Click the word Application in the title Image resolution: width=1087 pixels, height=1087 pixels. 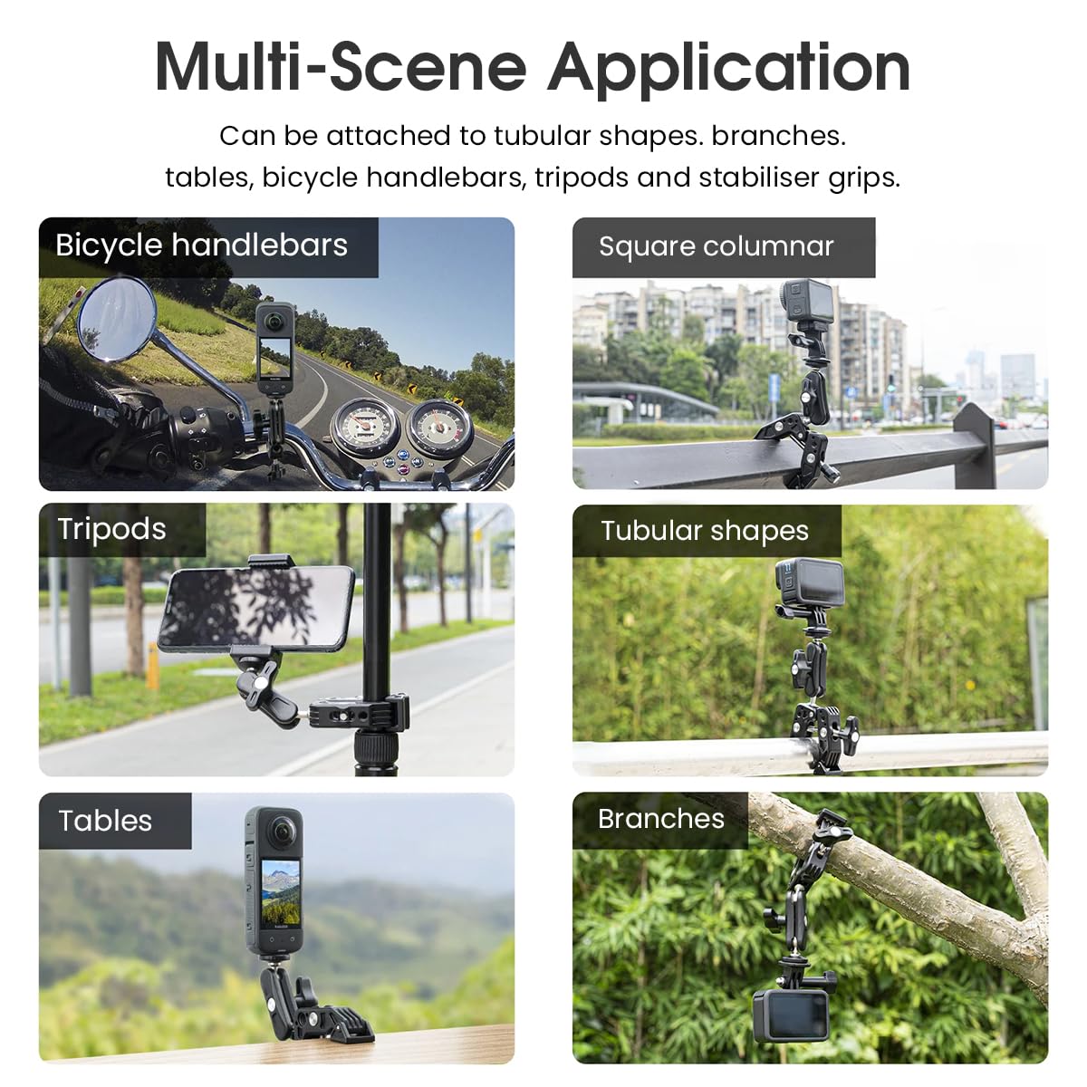pos(729,68)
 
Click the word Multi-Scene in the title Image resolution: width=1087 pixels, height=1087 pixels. pos(341,68)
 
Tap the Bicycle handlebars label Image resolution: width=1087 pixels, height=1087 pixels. pos(201,245)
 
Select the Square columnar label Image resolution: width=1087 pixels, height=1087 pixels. pos(716,246)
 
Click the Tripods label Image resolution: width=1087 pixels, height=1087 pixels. pos(111,529)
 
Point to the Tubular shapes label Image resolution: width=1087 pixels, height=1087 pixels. pos(704,531)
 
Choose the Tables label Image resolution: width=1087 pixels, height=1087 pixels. pos(105,821)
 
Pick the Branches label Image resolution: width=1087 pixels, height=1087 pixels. pos(660,819)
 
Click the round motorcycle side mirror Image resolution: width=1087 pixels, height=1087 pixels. pos(117,320)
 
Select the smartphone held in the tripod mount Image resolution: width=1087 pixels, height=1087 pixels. pos(256,609)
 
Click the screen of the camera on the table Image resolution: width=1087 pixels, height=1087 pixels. pos(281,880)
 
